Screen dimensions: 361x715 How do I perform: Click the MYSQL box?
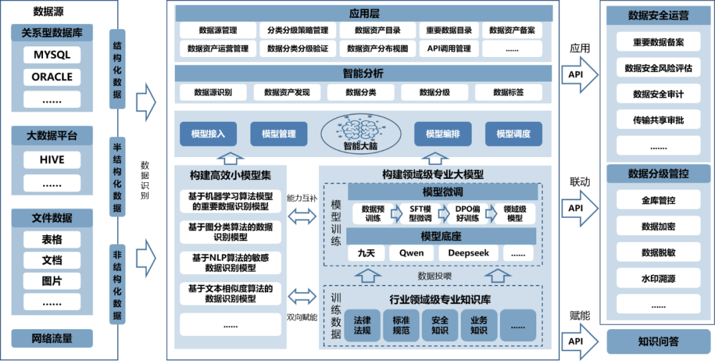[52, 55]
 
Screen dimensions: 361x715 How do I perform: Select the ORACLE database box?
[52, 77]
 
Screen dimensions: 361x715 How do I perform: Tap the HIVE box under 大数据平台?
[52, 160]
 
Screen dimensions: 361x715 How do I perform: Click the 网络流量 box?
[52, 338]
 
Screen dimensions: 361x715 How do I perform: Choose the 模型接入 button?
[208, 134]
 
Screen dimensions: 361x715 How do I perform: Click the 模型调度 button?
[514, 134]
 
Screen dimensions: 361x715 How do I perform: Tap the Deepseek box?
[468, 253]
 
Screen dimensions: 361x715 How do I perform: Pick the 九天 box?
[366, 253]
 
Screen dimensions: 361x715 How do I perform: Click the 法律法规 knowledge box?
[363, 325]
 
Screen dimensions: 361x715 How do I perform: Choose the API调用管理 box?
[449, 48]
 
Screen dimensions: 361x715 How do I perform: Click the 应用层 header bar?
[363, 13]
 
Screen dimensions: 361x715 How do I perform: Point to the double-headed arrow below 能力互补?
[302, 215]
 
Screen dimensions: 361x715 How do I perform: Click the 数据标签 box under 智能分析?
[508, 92]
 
